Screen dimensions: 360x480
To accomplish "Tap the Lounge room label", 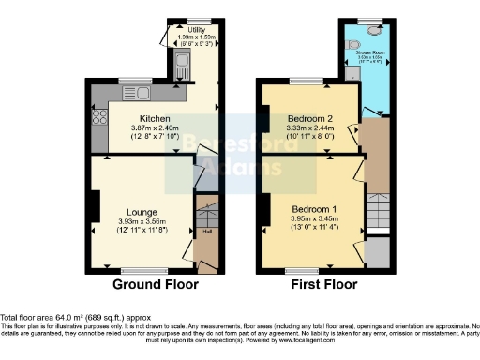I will tap(142, 211).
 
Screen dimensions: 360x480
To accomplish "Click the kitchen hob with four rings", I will tap(98, 118).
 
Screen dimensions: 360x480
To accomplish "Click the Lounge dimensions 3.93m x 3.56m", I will tap(142, 220).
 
